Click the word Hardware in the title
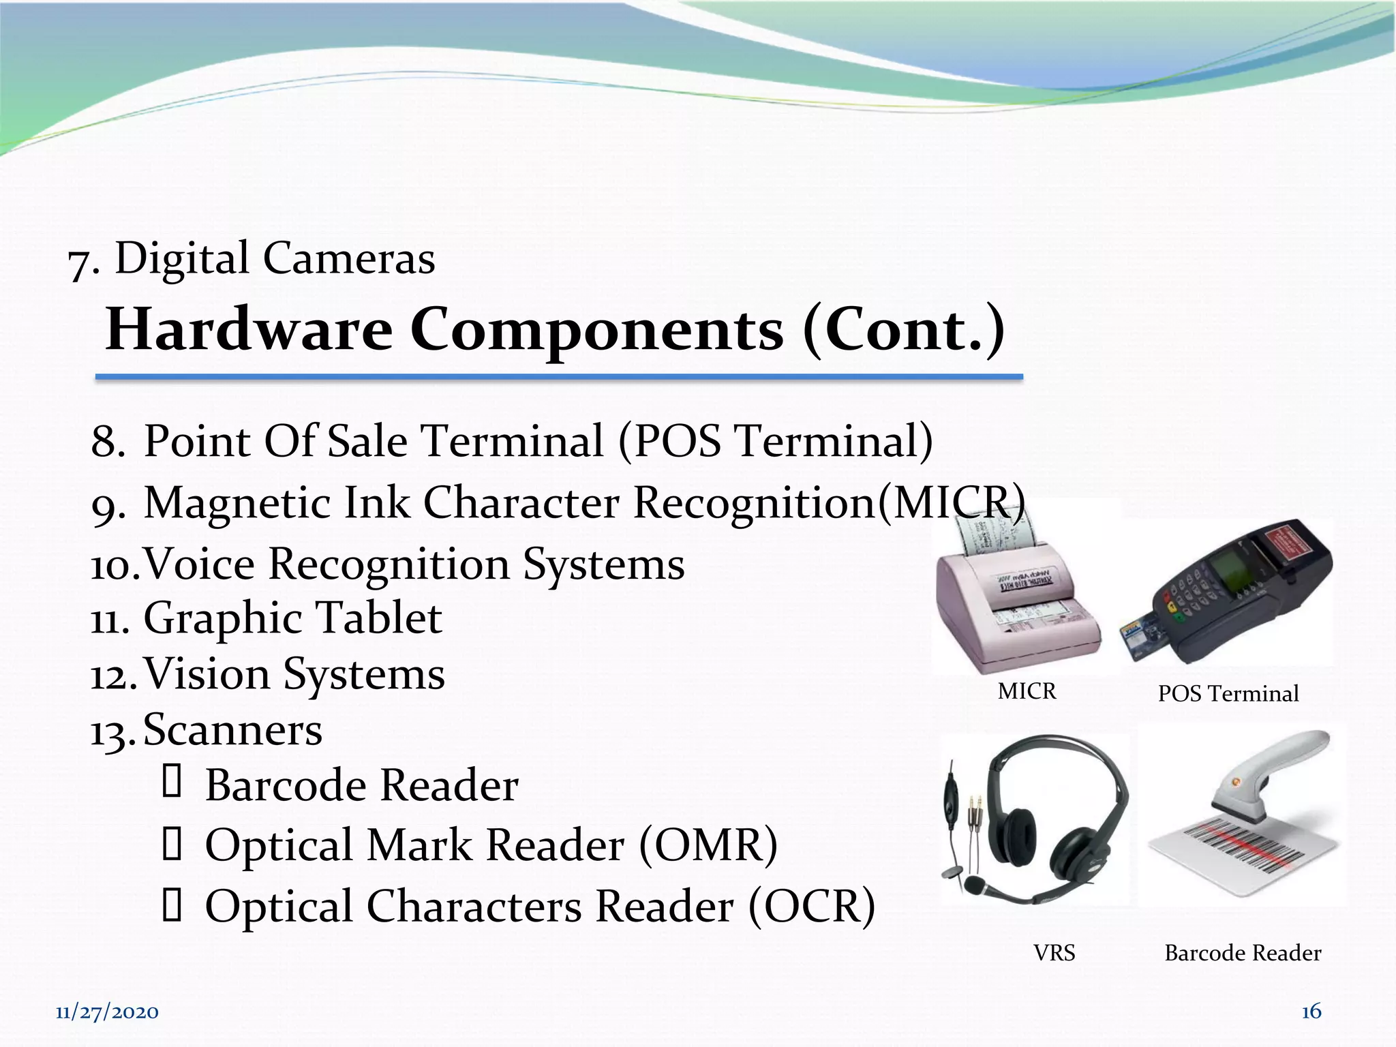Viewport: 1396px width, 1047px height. click(x=249, y=330)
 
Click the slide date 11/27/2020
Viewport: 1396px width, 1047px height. click(x=107, y=1012)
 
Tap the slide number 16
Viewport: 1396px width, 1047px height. click(x=1311, y=1011)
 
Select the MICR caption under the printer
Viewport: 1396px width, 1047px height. click(x=1027, y=692)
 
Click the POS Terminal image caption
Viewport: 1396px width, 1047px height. click(x=1228, y=694)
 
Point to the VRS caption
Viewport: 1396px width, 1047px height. click(x=1054, y=953)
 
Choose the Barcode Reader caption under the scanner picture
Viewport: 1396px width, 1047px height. click(x=1243, y=953)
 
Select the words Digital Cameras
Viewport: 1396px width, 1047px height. click(x=275, y=259)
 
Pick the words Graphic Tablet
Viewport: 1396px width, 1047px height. click(x=292, y=618)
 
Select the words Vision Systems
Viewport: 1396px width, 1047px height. click(x=294, y=674)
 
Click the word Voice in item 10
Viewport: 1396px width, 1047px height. click(x=200, y=564)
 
